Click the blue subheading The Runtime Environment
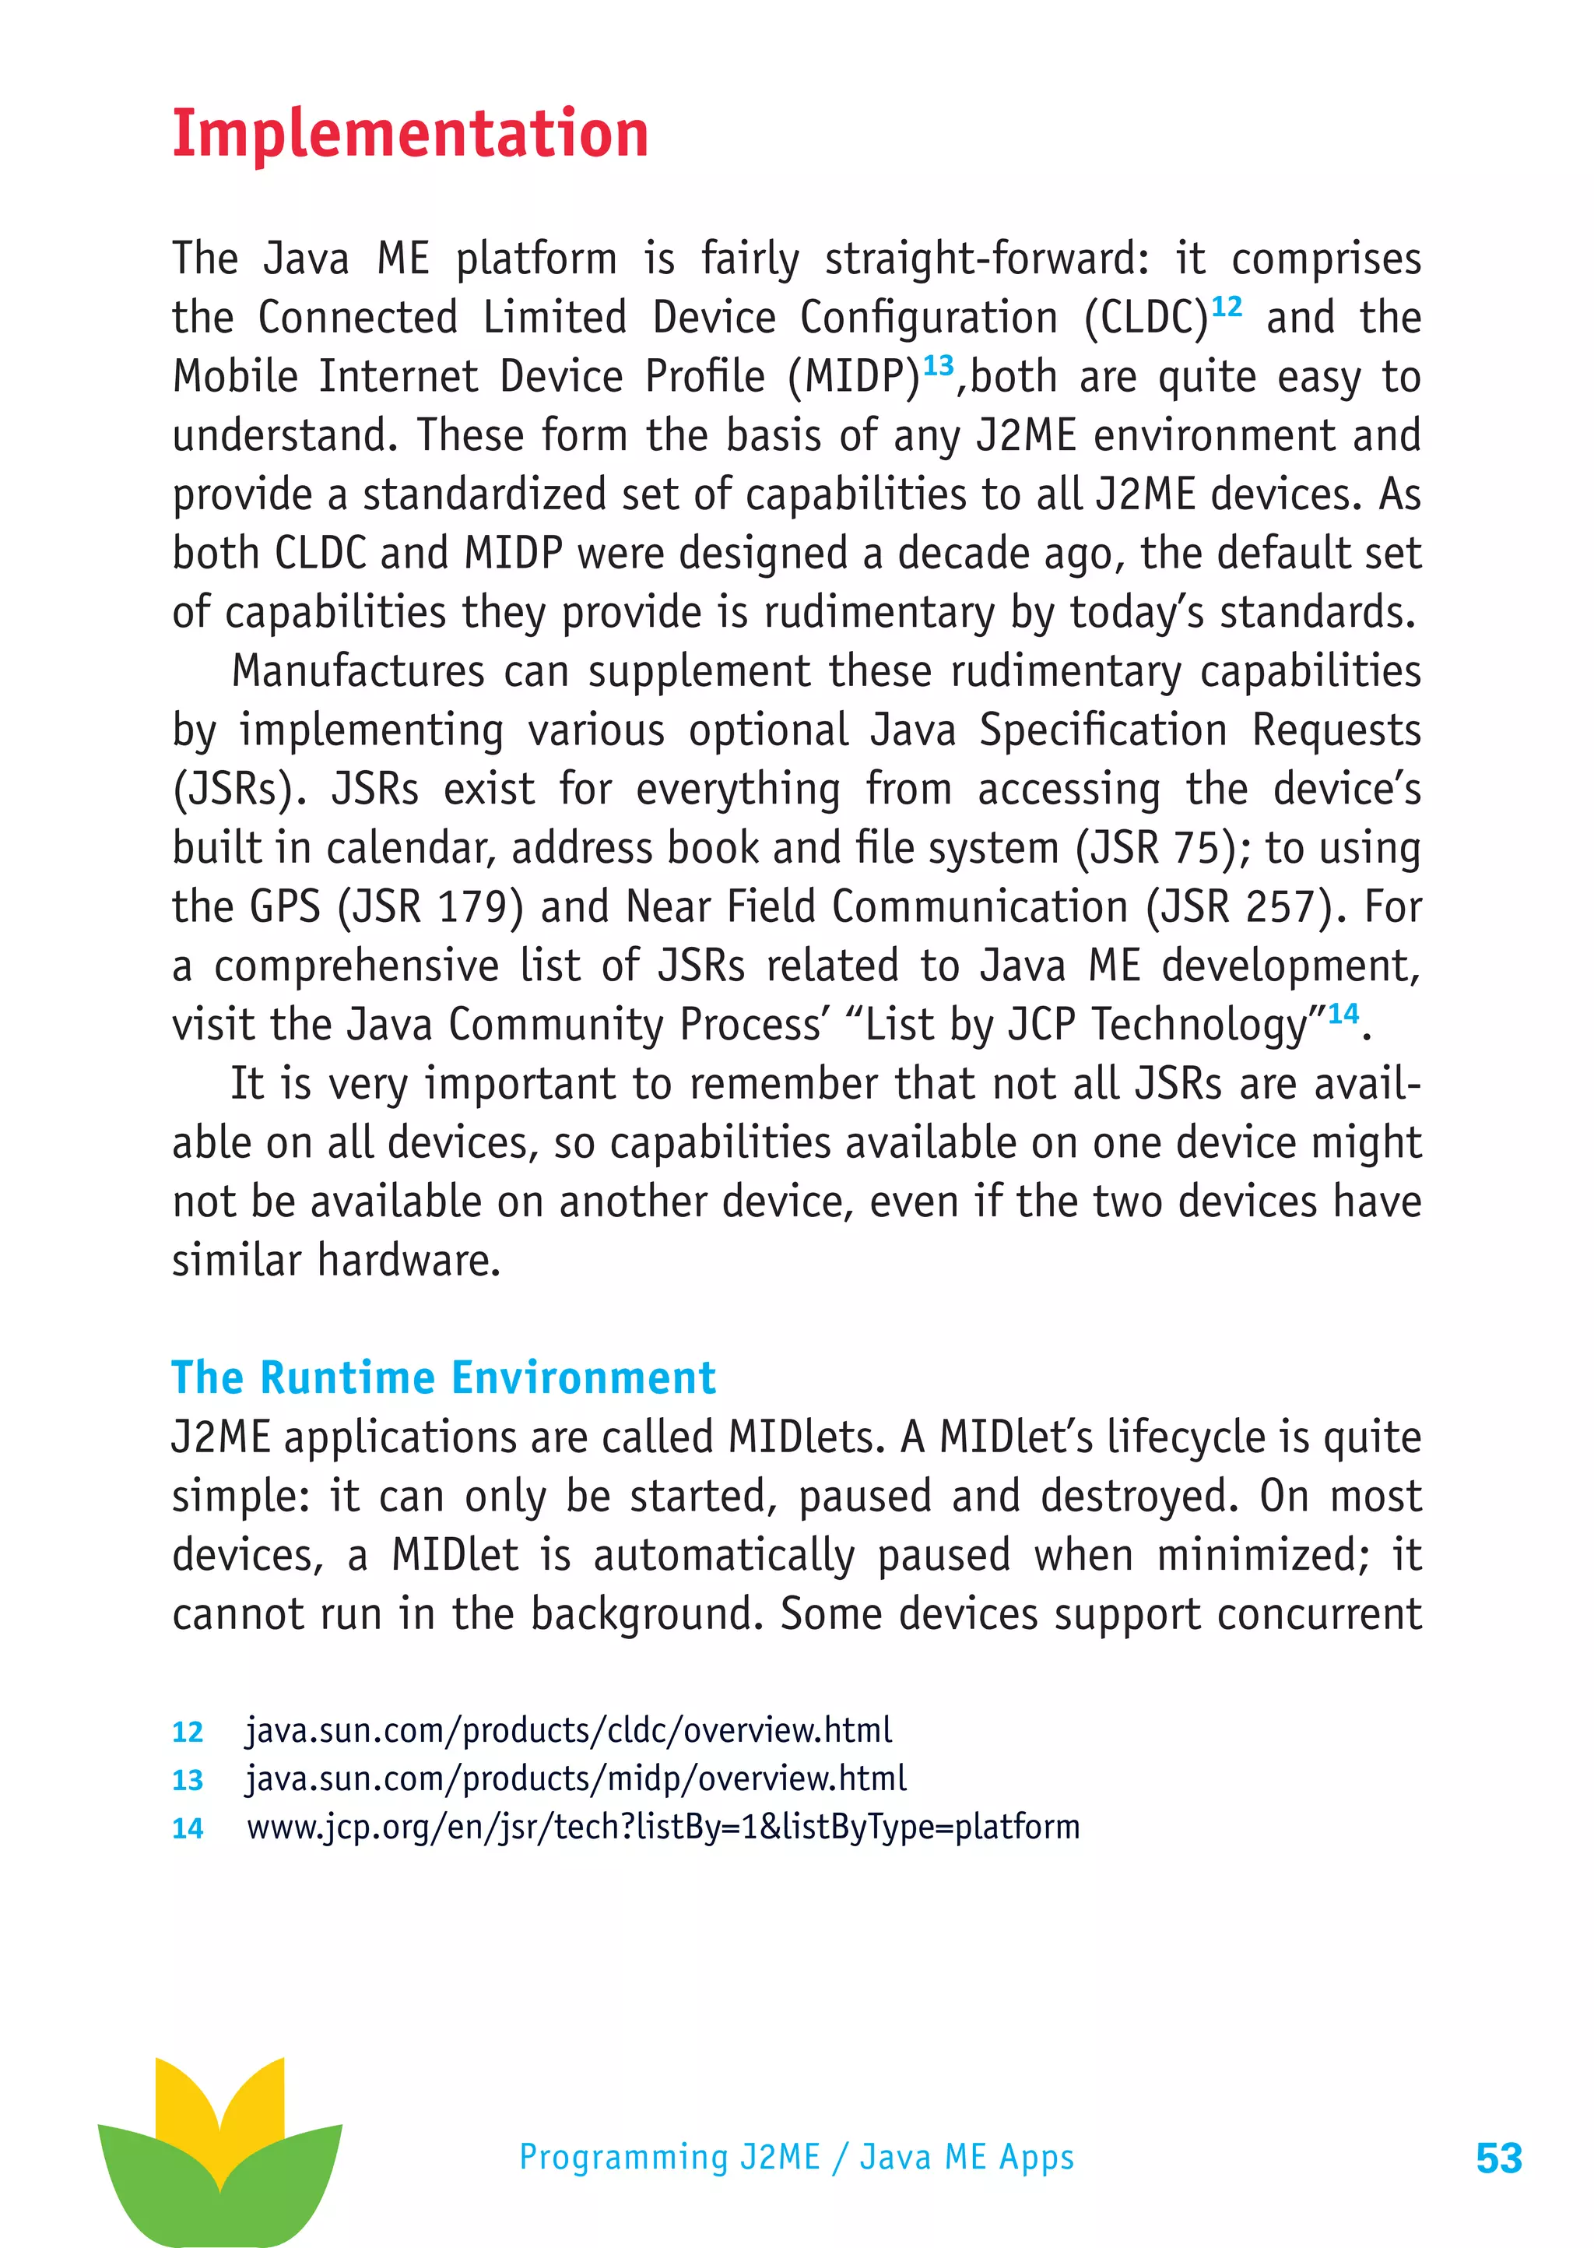click(x=444, y=1377)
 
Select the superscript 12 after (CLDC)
click(x=1226, y=308)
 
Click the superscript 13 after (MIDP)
click(x=939, y=366)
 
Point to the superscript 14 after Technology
click(x=1343, y=1013)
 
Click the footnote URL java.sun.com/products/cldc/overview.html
click(x=568, y=1729)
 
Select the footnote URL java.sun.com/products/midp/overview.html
click(x=575, y=1778)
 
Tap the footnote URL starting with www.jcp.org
click(x=662, y=1827)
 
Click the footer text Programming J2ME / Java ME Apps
click(x=796, y=2157)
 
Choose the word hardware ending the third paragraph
click(x=409, y=1261)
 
